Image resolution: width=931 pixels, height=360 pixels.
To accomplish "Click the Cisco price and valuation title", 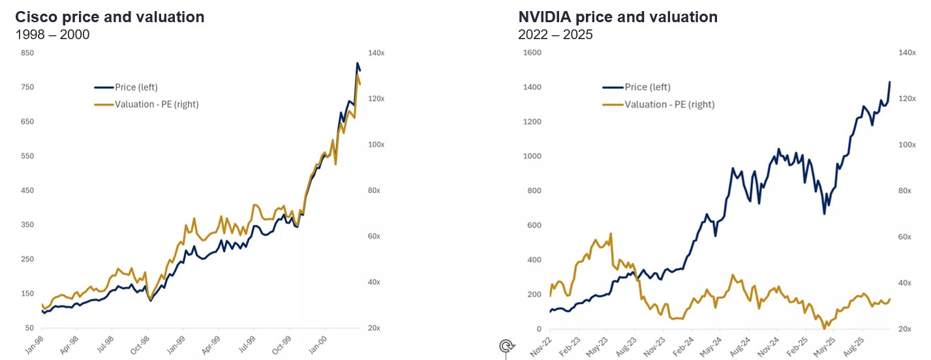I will [110, 17].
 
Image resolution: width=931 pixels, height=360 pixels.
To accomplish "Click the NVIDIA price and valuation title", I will [617, 17].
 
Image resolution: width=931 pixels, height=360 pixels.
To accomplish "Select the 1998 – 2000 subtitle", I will [52, 35].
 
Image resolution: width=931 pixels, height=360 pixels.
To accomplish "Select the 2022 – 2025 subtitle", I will [555, 35].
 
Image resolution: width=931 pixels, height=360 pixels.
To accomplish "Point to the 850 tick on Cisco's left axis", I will [27, 52].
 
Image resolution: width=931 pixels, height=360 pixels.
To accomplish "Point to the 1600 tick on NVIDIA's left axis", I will [532, 52].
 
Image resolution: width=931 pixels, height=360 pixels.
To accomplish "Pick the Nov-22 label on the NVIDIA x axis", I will [541, 344].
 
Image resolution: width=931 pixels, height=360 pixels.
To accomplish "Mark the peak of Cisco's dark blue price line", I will [357, 63].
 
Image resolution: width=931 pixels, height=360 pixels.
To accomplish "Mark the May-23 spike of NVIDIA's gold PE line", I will [611, 233].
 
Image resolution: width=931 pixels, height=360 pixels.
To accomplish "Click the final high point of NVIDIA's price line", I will [890, 82].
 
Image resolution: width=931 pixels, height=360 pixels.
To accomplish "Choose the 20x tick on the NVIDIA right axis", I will [906, 329].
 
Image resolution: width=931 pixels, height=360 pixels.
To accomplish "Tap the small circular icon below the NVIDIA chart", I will [506, 346].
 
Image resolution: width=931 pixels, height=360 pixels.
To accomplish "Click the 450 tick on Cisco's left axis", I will [27, 190].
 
